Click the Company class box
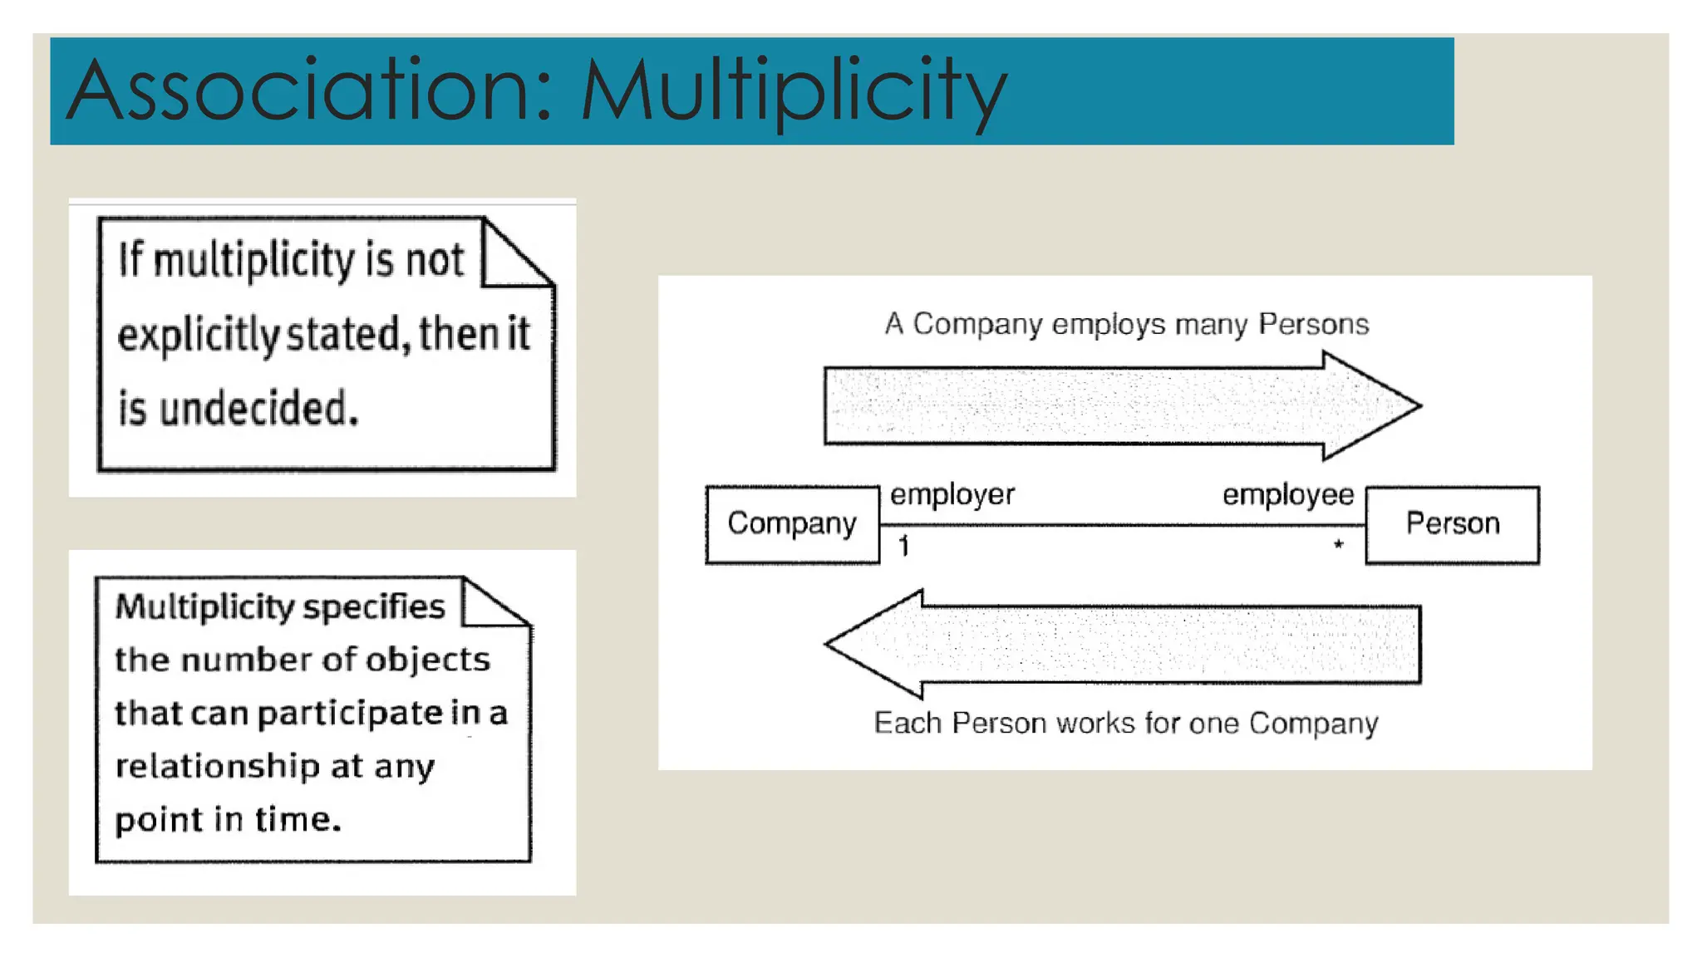(791, 524)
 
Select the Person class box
(1452, 524)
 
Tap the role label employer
(952, 495)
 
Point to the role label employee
(1287, 495)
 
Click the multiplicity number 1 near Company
(903, 546)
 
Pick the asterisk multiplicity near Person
(1338, 545)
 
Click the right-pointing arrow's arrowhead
(1371, 405)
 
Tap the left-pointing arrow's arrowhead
(873, 644)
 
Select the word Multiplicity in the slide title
(793, 91)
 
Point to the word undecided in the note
(258, 410)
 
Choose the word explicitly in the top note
(198, 336)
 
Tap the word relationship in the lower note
(216, 766)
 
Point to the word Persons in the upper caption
(1313, 324)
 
